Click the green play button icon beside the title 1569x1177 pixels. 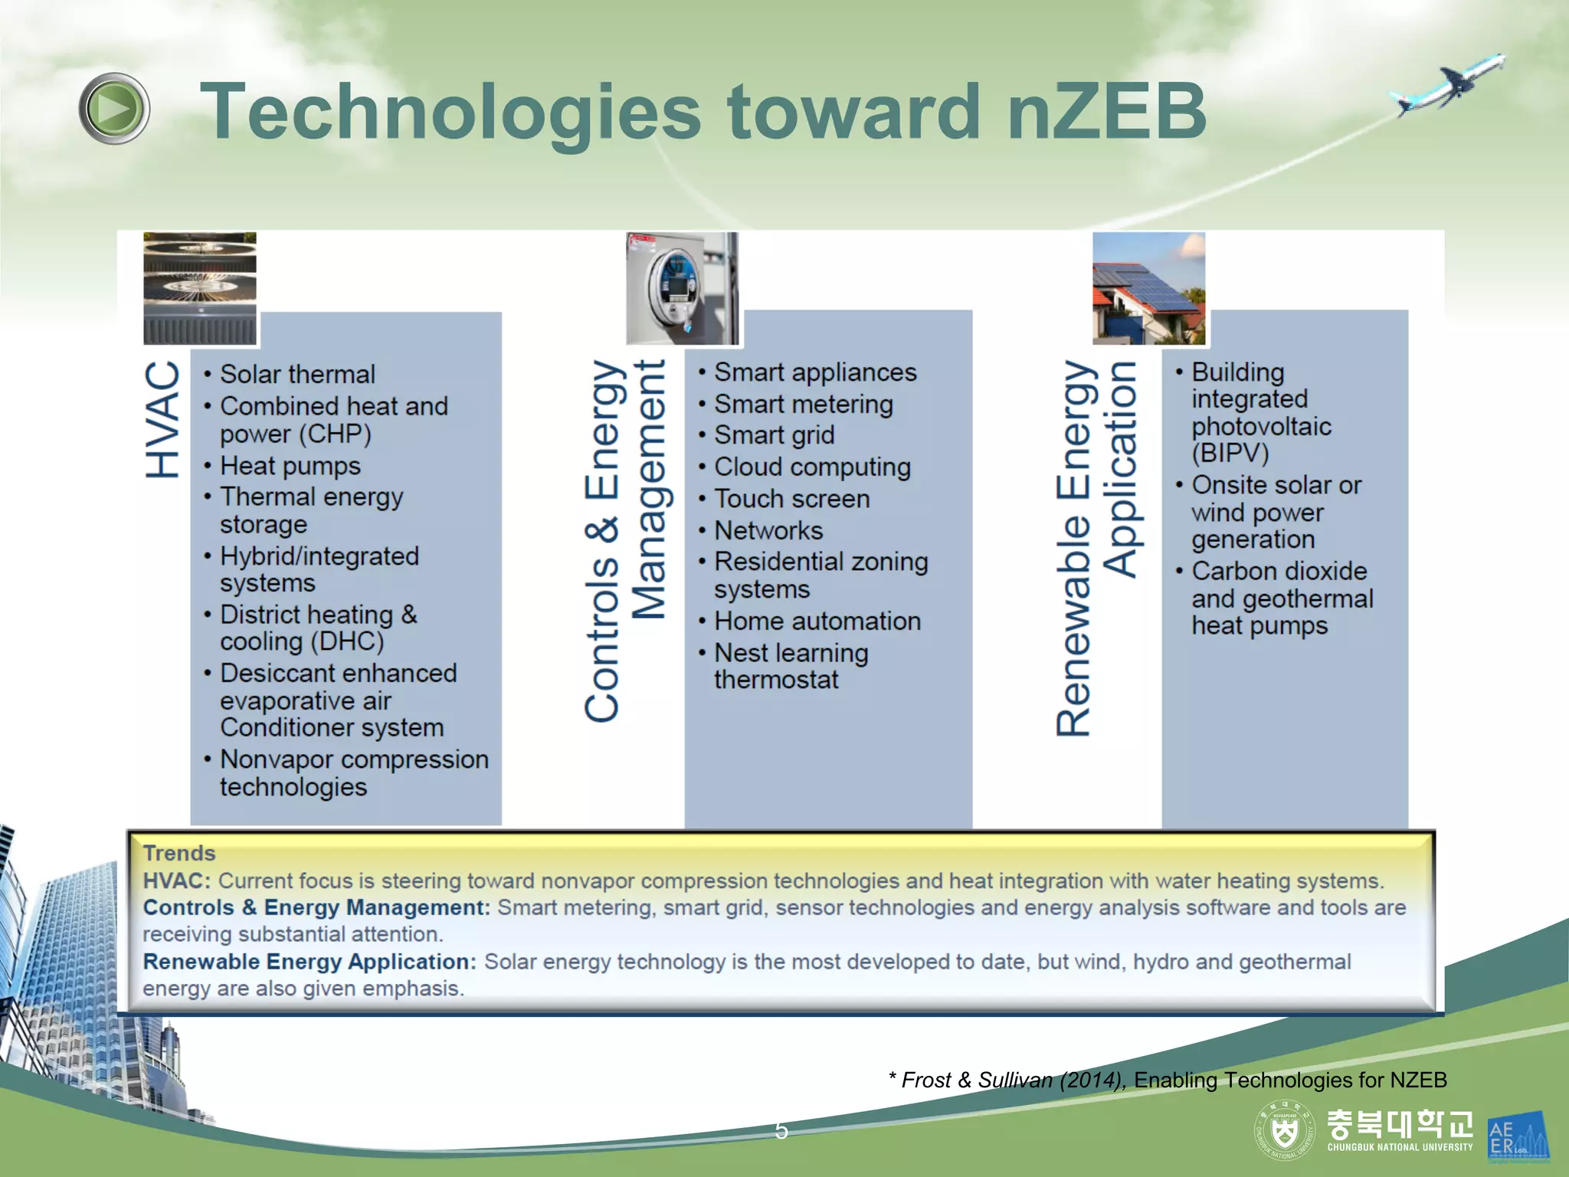114,109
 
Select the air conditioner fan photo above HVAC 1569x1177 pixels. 200,288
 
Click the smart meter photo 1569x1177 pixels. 683,288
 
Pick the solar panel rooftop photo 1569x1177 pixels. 1148,288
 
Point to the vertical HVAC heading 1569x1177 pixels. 163,420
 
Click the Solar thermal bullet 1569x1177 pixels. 297,374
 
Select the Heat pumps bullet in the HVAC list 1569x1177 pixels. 290,466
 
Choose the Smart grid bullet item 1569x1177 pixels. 774,435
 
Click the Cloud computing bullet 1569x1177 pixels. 812,467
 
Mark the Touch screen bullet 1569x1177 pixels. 791,499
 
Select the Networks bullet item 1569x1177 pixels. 768,530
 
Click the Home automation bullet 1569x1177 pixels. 817,621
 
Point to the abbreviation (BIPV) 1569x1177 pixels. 1230,453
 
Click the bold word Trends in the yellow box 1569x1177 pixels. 179,853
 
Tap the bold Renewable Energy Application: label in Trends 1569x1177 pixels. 310,962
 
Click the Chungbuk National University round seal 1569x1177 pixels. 1284,1130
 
